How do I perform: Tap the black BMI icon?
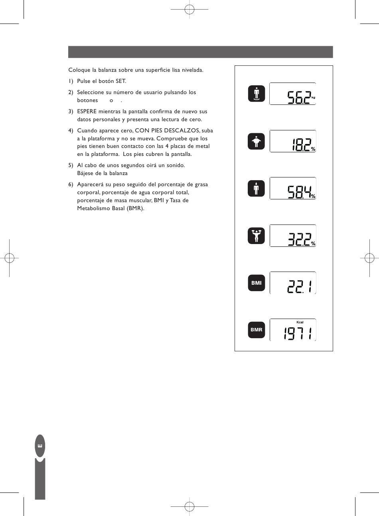pyautogui.click(x=256, y=283)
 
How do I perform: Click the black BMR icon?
pyautogui.click(x=256, y=330)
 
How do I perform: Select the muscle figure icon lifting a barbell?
pyautogui.click(x=256, y=236)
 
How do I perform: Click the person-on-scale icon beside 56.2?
pyautogui.click(x=256, y=94)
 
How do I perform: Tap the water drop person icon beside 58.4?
pyautogui.click(x=256, y=189)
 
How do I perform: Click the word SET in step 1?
pyautogui.click(x=120, y=81)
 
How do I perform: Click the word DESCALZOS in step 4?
pyautogui.click(x=182, y=131)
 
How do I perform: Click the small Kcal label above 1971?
pyautogui.click(x=300, y=322)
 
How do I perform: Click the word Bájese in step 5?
pyautogui.click(x=86, y=173)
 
